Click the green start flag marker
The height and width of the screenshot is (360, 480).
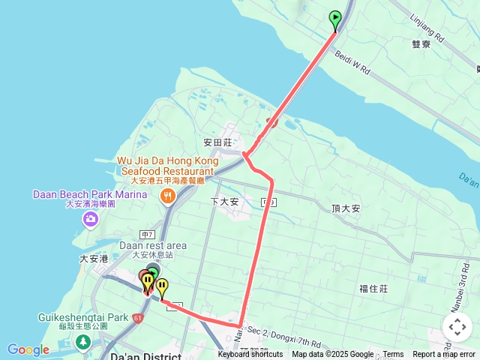(x=334, y=19)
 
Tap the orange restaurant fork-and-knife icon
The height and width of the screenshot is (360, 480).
(x=167, y=196)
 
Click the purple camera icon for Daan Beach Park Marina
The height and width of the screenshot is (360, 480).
(x=91, y=220)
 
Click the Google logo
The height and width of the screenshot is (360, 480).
(x=28, y=349)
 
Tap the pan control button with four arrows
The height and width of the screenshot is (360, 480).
(x=457, y=327)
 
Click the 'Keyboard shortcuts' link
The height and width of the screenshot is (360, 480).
(x=250, y=355)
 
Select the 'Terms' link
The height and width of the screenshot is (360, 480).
(x=393, y=355)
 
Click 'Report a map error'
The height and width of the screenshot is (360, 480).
(x=444, y=355)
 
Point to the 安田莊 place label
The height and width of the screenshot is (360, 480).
(x=219, y=141)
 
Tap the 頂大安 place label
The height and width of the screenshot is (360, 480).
(x=345, y=209)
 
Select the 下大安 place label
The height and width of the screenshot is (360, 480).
(x=224, y=201)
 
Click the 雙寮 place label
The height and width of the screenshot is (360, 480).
(x=421, y=44)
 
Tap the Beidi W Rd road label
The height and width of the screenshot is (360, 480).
(x=352, y=64)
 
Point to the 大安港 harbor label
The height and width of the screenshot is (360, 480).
(x=94, y=258)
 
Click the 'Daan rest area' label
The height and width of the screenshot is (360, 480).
(x=153, y=245)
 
